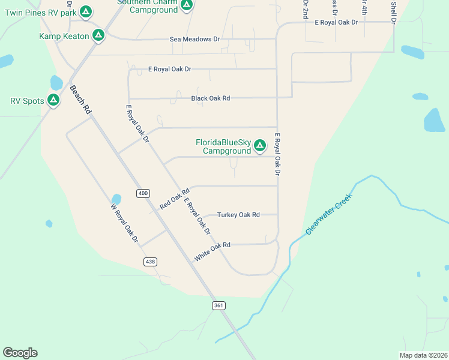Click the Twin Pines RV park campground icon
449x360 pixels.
(x=86, y=11)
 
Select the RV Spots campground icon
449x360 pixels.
(x=53, y=100)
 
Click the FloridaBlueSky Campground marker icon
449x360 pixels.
(x=260, y=145)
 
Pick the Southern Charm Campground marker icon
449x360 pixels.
(x=187, y=5)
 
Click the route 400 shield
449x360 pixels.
(x=142, y=193)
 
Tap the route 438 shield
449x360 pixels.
(x=150, y=262)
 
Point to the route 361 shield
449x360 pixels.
(x=218, y=305)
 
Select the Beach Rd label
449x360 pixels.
(x=80, y=100)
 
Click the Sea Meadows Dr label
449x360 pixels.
(x=195, y=39)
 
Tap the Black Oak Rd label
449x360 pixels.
(x=211, y=98)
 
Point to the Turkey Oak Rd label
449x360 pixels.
(x=238, y=214)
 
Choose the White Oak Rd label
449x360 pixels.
(x=212, y=252)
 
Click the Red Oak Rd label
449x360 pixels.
(x=174, y=199)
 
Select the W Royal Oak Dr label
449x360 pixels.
(x=124, y=223)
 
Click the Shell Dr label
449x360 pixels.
(x=394, y=12)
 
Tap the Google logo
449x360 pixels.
(x=20, y=353)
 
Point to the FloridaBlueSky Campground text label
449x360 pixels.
(x=223, y=146)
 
